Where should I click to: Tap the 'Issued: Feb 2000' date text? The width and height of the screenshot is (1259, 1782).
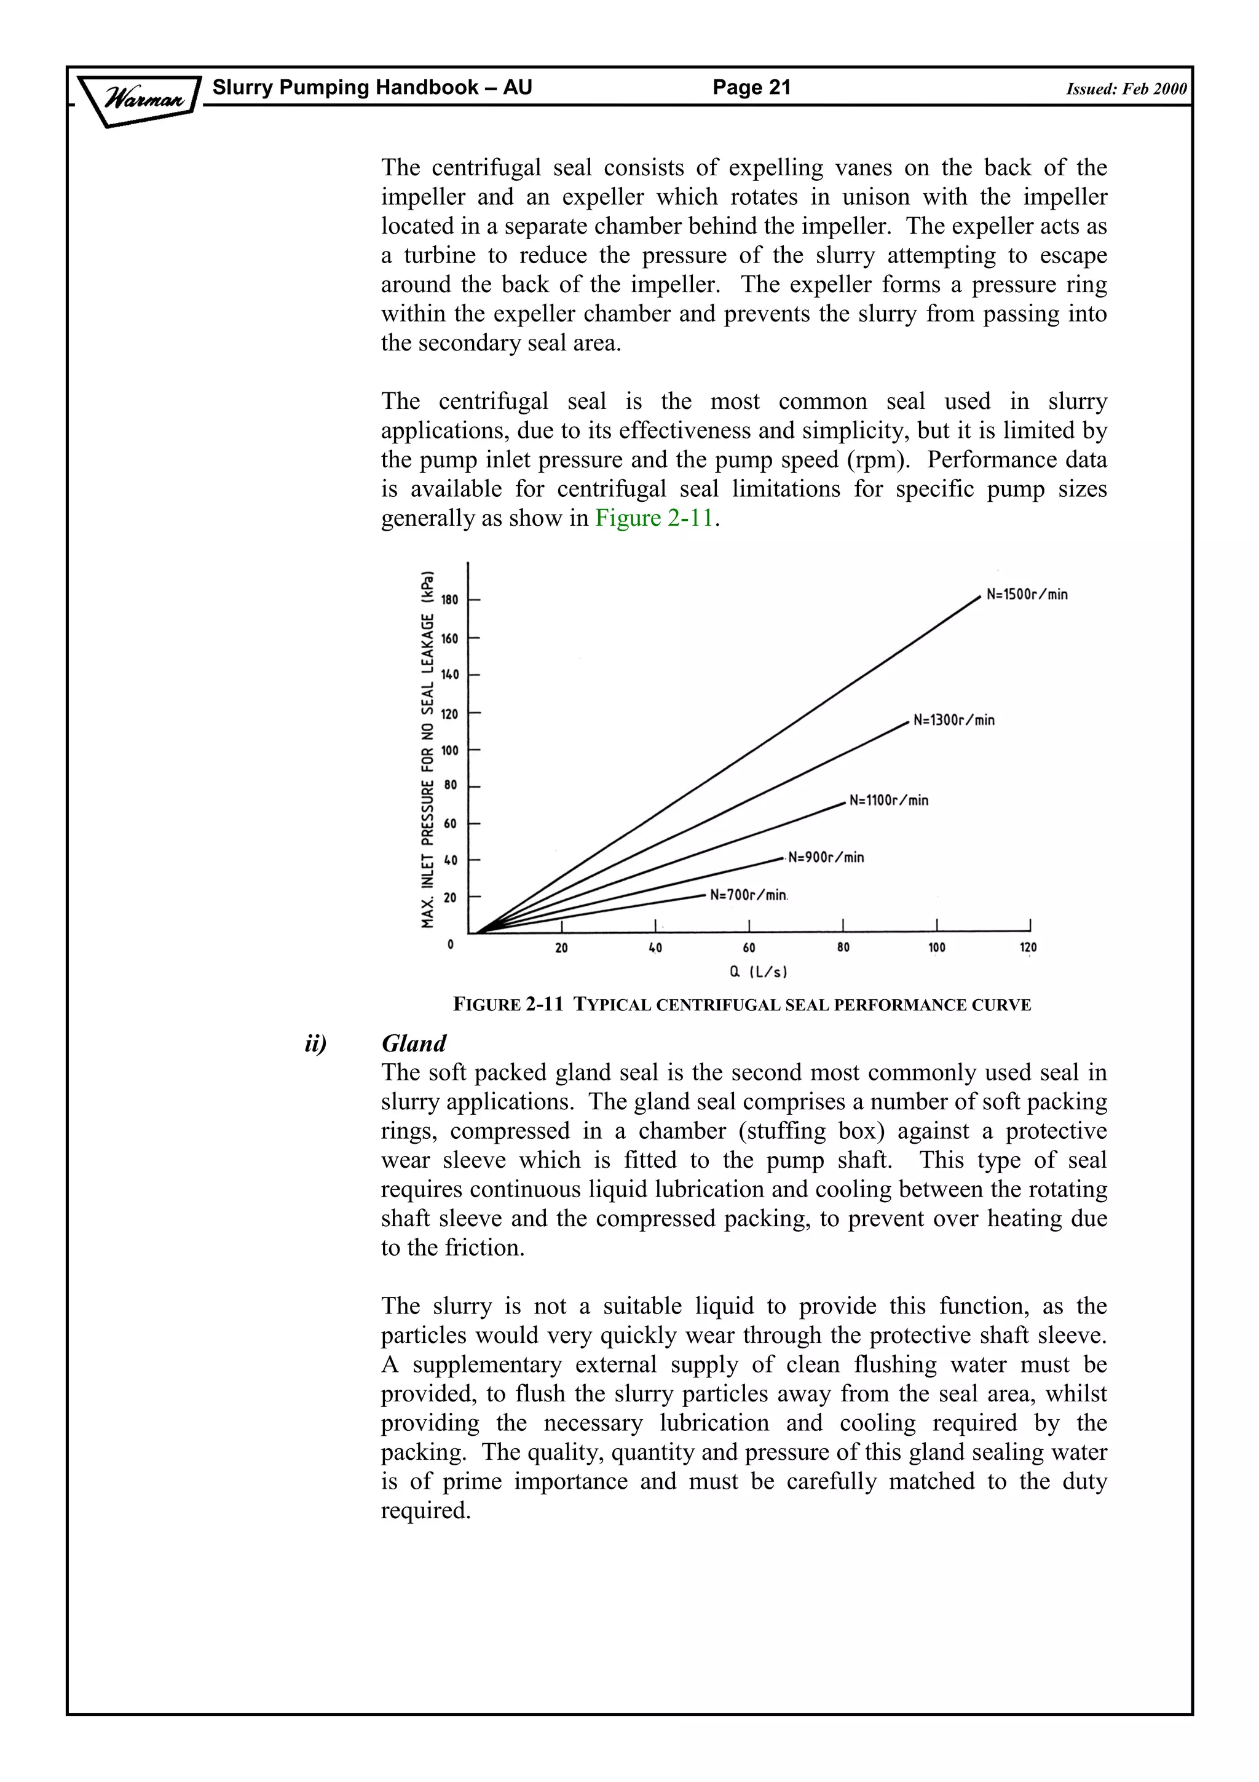click(x=1126, y=89)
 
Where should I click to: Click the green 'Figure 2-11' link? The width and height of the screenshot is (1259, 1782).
click(x=654, y=518)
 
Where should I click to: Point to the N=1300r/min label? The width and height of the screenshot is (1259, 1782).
click(x=953, y=720)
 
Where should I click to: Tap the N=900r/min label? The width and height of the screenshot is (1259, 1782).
click(x=826, y=858)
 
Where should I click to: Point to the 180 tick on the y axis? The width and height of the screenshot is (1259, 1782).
click(x=450, y=600)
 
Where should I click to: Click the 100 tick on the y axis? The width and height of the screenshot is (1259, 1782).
click(x=450, y=751)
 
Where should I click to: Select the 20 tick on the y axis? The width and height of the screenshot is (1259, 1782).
click(x=450, y=898)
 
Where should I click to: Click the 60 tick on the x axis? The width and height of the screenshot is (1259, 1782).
click(x=749, y=948)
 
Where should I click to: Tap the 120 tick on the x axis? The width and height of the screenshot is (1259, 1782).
click(x=1028, y=948)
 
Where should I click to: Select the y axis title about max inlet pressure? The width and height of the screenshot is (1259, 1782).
click(x=427, y=750)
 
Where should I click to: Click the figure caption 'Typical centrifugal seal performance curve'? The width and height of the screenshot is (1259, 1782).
click(x=741, y=1005)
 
